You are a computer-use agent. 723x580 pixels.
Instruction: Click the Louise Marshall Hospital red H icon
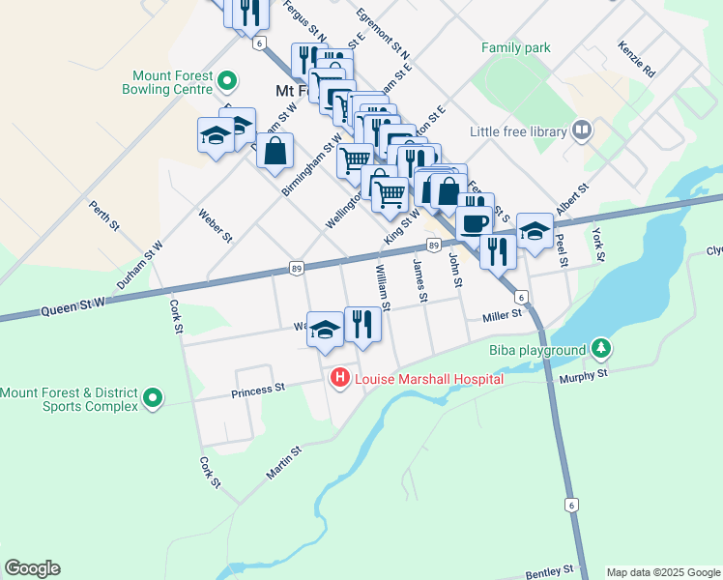339,379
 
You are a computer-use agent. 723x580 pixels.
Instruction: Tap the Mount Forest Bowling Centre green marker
227,81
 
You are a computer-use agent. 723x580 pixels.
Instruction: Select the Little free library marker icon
582,130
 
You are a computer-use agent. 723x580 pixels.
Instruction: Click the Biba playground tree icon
601,349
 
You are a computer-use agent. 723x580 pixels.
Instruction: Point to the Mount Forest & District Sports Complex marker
153,398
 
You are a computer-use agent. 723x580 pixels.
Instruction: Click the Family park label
516,47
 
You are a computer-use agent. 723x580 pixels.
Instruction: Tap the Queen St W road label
72,308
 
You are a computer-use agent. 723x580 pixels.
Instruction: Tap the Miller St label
502,314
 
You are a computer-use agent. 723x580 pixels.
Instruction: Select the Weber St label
216,224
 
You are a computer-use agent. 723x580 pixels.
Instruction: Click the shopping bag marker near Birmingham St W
275,151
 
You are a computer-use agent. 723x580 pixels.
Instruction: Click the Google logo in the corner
32,568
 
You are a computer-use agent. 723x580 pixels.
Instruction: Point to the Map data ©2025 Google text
663,572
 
